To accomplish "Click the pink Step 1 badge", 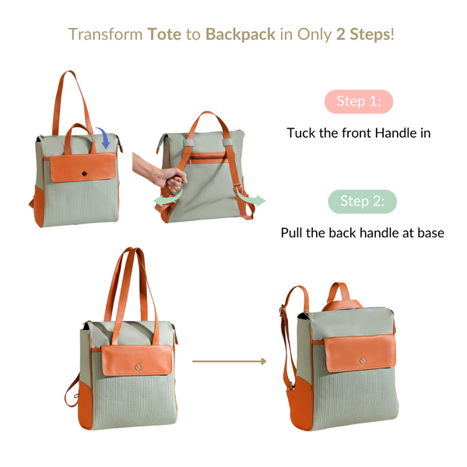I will tap(358, 101).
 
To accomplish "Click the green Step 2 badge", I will tap(361, 202).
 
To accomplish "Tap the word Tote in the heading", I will tap(163, 34).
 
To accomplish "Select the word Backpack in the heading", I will tap(241, 34).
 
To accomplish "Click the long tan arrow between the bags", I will tap(230, 361).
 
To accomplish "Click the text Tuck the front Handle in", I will tap(359, 133).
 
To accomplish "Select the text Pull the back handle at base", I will tap(362, 233).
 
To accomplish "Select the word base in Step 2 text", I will tap(428, 233).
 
